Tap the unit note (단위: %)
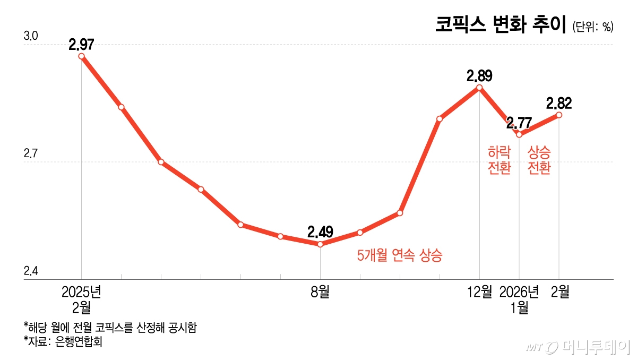593,27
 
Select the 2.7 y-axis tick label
31,154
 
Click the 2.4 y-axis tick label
31,271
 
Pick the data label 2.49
320,232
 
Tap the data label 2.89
479,75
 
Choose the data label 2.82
559,102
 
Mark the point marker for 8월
320,244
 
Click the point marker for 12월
479,88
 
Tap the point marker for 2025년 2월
81,56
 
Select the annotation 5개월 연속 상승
400,256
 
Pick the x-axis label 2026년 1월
519,299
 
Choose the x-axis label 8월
320,292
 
